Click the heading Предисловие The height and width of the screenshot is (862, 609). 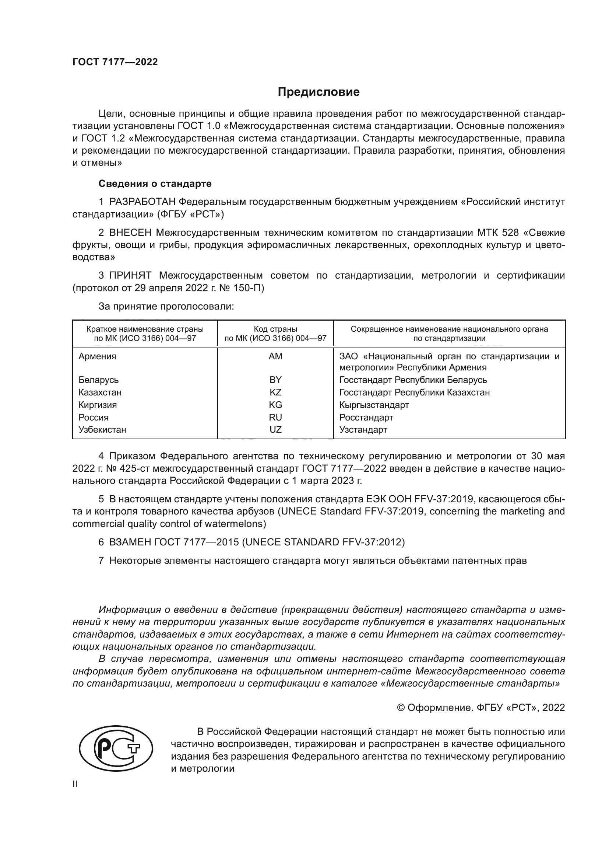click(318, 92)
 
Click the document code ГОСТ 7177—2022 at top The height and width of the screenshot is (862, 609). click(115, 62)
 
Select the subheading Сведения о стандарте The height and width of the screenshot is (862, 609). click(155, 184)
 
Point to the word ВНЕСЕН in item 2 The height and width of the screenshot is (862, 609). click(130, 233)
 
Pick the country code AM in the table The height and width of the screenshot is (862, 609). click(275, 356)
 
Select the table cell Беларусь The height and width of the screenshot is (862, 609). click(99, 380)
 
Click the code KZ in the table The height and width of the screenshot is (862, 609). click(275, 392)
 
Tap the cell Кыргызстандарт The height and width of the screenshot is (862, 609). click(374, 405)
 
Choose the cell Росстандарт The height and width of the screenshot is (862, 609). click(366, 418)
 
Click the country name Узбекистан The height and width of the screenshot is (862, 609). click(102, 430)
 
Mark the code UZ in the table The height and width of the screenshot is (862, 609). click(275, 430)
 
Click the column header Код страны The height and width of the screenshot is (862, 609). click(275, 329)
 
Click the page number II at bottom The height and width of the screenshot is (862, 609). click(75, 784)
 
